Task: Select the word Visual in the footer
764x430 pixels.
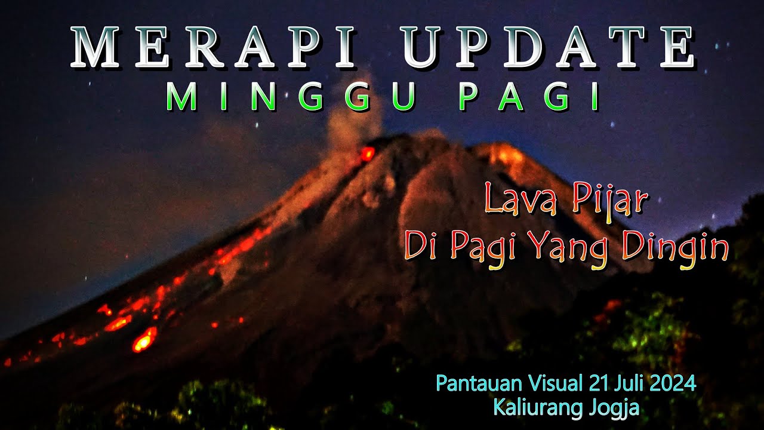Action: point(554,383)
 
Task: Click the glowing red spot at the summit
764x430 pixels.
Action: point(367,154)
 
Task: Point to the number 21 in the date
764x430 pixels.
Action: point(598,383)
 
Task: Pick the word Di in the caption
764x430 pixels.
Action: point(423,247)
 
